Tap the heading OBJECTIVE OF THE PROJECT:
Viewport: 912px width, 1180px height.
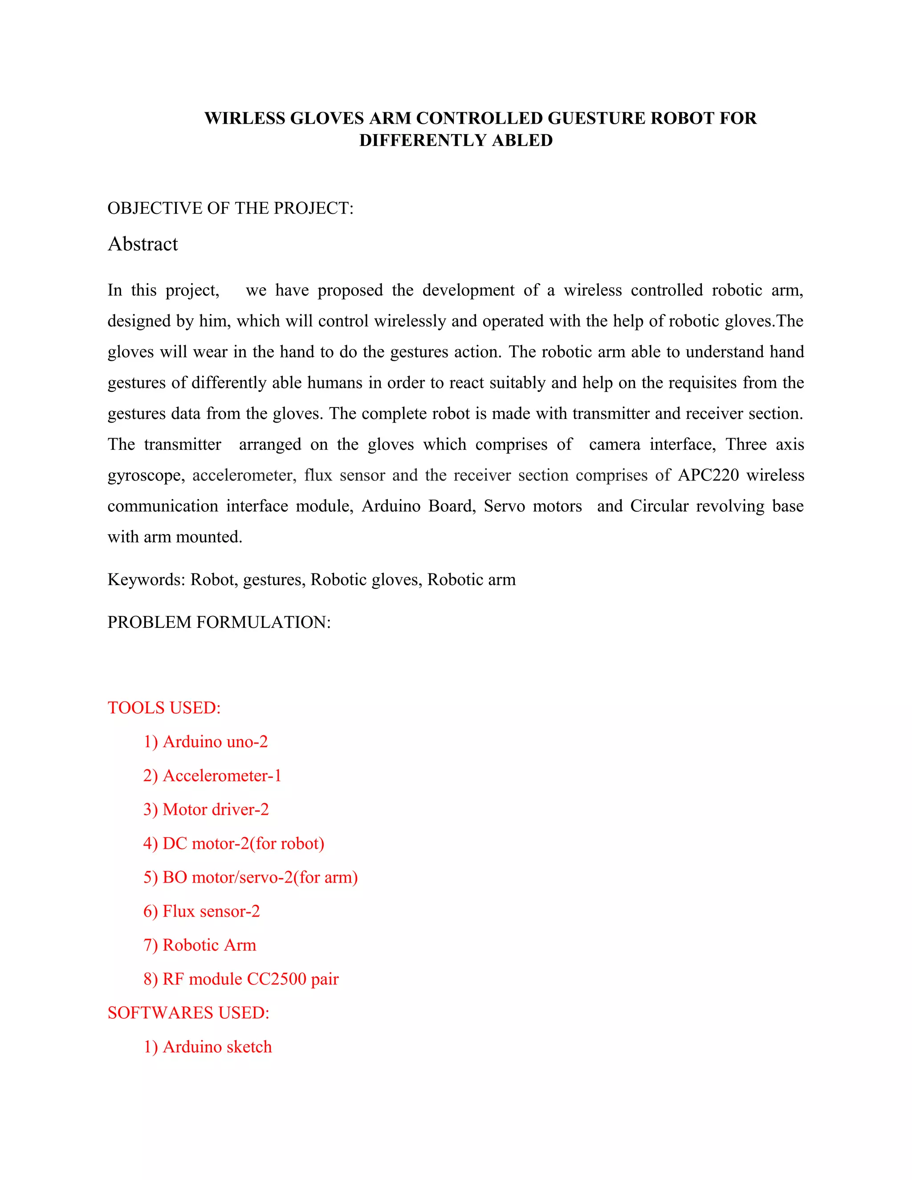pyautogui.click(x=230, y=208)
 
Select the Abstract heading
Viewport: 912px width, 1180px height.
pyautogui.click(x=142, y=244)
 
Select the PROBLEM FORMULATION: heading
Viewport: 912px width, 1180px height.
pyautogui.click(x=219, y=622)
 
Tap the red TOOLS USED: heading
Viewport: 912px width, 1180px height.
pyautogui.click(x=164, y=708)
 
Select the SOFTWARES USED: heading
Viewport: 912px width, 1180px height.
pyautogui.click(x=188, y=1013)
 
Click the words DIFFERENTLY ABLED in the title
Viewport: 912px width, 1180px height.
pyautogui.click(x=456, y=140)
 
